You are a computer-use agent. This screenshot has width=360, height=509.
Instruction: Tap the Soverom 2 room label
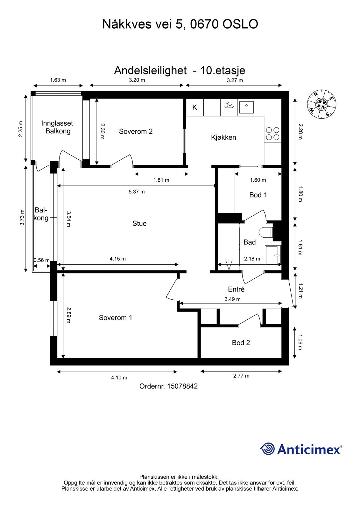(136, 131)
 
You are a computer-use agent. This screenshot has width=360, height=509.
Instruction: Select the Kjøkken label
(223, 137)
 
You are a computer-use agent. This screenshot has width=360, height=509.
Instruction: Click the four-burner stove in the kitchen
(273, 133)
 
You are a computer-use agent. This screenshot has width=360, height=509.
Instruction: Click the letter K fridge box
(195, 108)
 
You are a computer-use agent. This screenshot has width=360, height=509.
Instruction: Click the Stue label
(139, 224)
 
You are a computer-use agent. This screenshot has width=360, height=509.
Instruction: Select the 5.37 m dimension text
(137, 192)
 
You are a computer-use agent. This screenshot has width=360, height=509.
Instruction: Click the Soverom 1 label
(115, 317)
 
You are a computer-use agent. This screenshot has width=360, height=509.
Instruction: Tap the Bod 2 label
(241, 343)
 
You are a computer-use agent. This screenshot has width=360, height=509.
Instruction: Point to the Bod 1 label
(258, 195)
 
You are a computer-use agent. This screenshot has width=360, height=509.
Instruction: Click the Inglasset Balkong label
(57, 127)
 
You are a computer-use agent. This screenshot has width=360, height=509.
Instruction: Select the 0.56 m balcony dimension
(41, 260)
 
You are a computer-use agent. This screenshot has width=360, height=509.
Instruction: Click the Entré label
(236, 289)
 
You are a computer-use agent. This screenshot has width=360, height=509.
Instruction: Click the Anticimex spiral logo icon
(267, 449)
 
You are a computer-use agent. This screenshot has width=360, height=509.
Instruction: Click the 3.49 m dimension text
(232, 299)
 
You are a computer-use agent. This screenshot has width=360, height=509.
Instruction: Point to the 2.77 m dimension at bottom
(241, 376)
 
